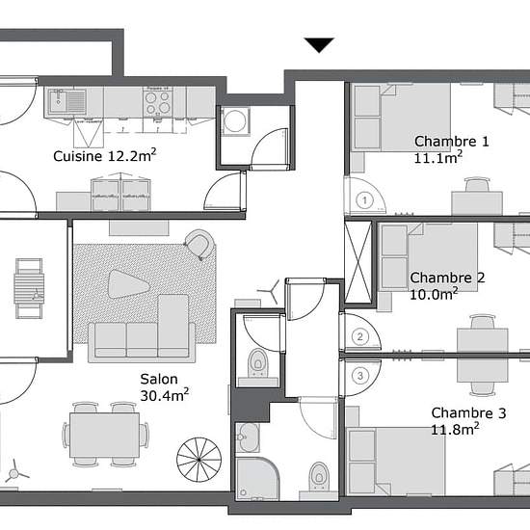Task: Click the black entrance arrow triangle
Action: [319, 44]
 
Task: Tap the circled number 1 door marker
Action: [364, 200]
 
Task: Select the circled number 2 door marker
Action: [360, 336]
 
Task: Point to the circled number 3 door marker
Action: [360, 376]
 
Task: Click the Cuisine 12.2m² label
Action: [105, 155]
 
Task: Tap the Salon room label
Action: [159, 380]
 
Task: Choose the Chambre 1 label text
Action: [452, 142]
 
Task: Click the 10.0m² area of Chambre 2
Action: [434, 294]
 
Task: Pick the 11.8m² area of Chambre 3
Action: [455, 429]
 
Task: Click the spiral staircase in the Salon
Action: [199, 460]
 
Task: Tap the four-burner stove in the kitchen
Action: [157, 102]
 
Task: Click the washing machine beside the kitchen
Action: [235, 121]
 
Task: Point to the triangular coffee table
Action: [128, 284]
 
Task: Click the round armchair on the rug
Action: [200, 244]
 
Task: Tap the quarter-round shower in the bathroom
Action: [257, 478]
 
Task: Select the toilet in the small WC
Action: [258, 362]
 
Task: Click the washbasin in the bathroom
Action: [248, 437]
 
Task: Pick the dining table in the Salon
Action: [105, 435]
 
